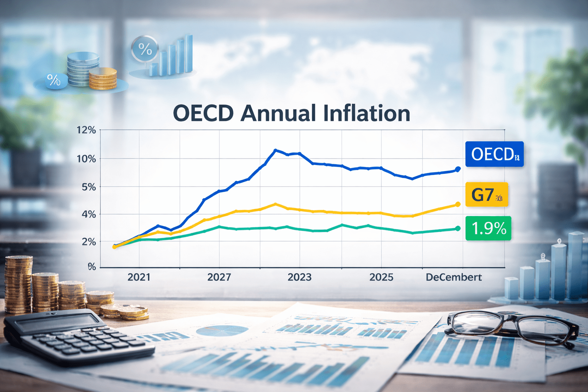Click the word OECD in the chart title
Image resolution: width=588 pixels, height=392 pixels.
pos(203,113)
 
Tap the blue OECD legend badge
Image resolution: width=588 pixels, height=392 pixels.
pos(494,154)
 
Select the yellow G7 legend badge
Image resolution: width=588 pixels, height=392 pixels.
pos(487,194)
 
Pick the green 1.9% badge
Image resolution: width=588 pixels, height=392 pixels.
pos(488,229)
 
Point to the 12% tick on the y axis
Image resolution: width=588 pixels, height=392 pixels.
pos(86,130)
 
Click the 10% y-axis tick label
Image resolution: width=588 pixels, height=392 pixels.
pos(86,158)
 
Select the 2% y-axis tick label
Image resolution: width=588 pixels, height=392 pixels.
pos(88,242)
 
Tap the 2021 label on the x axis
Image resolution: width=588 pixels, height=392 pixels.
pos(139,277)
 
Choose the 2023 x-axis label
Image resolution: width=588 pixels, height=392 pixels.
pos(299,277)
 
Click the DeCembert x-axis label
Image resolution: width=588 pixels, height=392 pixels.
pos(454,277)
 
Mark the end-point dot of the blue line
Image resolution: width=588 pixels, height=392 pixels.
pos(457,169)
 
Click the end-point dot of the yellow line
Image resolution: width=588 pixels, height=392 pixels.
pos(457,204)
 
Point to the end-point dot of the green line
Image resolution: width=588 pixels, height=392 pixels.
pos(457,229)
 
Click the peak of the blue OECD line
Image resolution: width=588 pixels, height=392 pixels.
pos(275,150)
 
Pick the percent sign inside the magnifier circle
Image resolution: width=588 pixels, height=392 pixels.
pos(145,49)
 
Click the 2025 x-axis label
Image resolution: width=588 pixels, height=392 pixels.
pos(381,277)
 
